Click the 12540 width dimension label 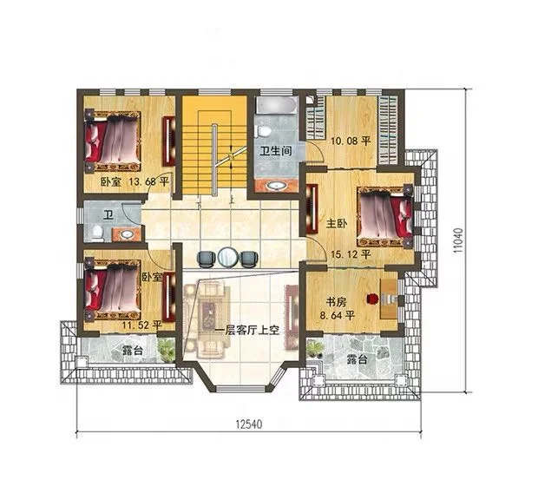[249, 424]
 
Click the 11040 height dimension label [458, 240]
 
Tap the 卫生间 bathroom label [276, 150]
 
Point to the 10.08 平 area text [351, 141]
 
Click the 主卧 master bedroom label [337, 224]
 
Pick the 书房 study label [336, 302]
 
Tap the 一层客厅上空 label [247, 331]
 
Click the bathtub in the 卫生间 [277, 105]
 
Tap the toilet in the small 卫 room [98, 232]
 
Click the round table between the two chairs [226, 256]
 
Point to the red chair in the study [371, 299]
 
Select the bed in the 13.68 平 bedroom [113, 141]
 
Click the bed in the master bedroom [384, 216]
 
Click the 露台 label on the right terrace [358, 359]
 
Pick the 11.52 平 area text [142, 325]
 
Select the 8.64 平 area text [337, 315]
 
